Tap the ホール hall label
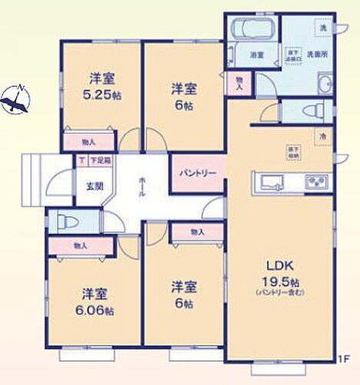143,184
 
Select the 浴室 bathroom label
257,55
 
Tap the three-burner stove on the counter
318,182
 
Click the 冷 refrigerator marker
318,136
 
